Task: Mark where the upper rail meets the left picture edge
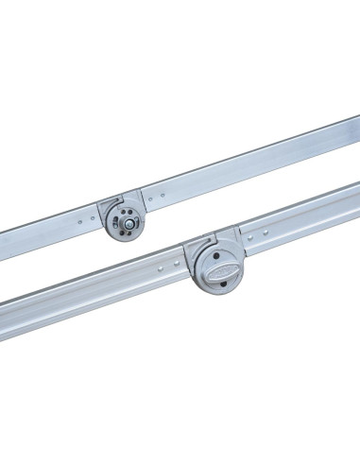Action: [2, 250]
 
